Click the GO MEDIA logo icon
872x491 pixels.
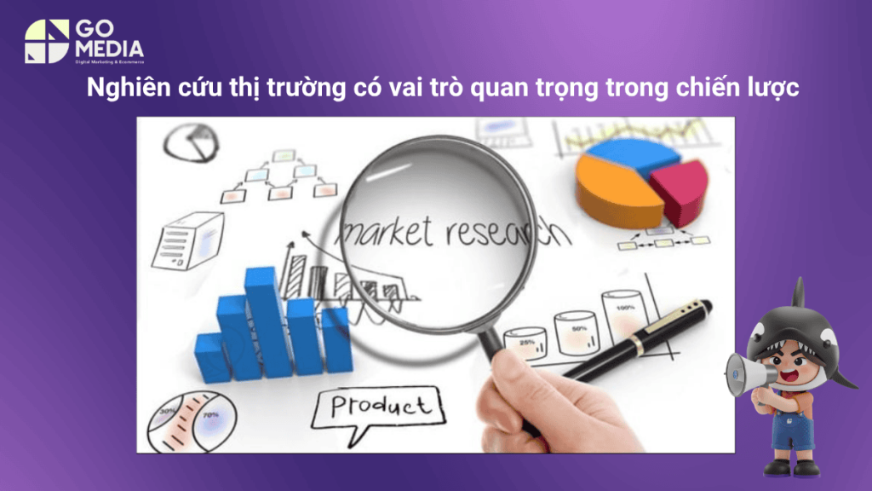coord(46,41)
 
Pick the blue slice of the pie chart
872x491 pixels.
coord(634,151)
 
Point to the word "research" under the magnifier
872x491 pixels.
coord(489,228)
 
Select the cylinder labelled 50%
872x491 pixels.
coord(577,328)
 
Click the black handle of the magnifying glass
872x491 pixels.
coord(493,341)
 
